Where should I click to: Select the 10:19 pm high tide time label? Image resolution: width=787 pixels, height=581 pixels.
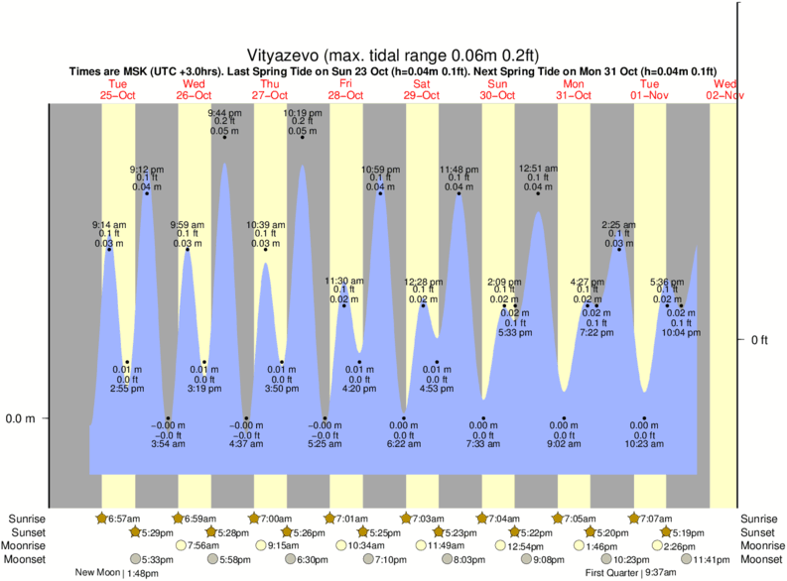[x=302, y=113]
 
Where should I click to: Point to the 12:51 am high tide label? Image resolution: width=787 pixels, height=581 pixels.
[x=538, y=169]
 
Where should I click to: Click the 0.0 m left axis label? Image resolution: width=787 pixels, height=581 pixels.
[x=21, y=418]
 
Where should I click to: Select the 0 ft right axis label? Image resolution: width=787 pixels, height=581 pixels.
[x=759, y=340]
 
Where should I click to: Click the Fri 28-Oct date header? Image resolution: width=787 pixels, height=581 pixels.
[x=346, y=90]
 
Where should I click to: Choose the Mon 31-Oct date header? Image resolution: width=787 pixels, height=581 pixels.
[x=574, y=90]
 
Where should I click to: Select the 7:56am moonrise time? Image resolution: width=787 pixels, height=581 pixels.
[x=202, y=546]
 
